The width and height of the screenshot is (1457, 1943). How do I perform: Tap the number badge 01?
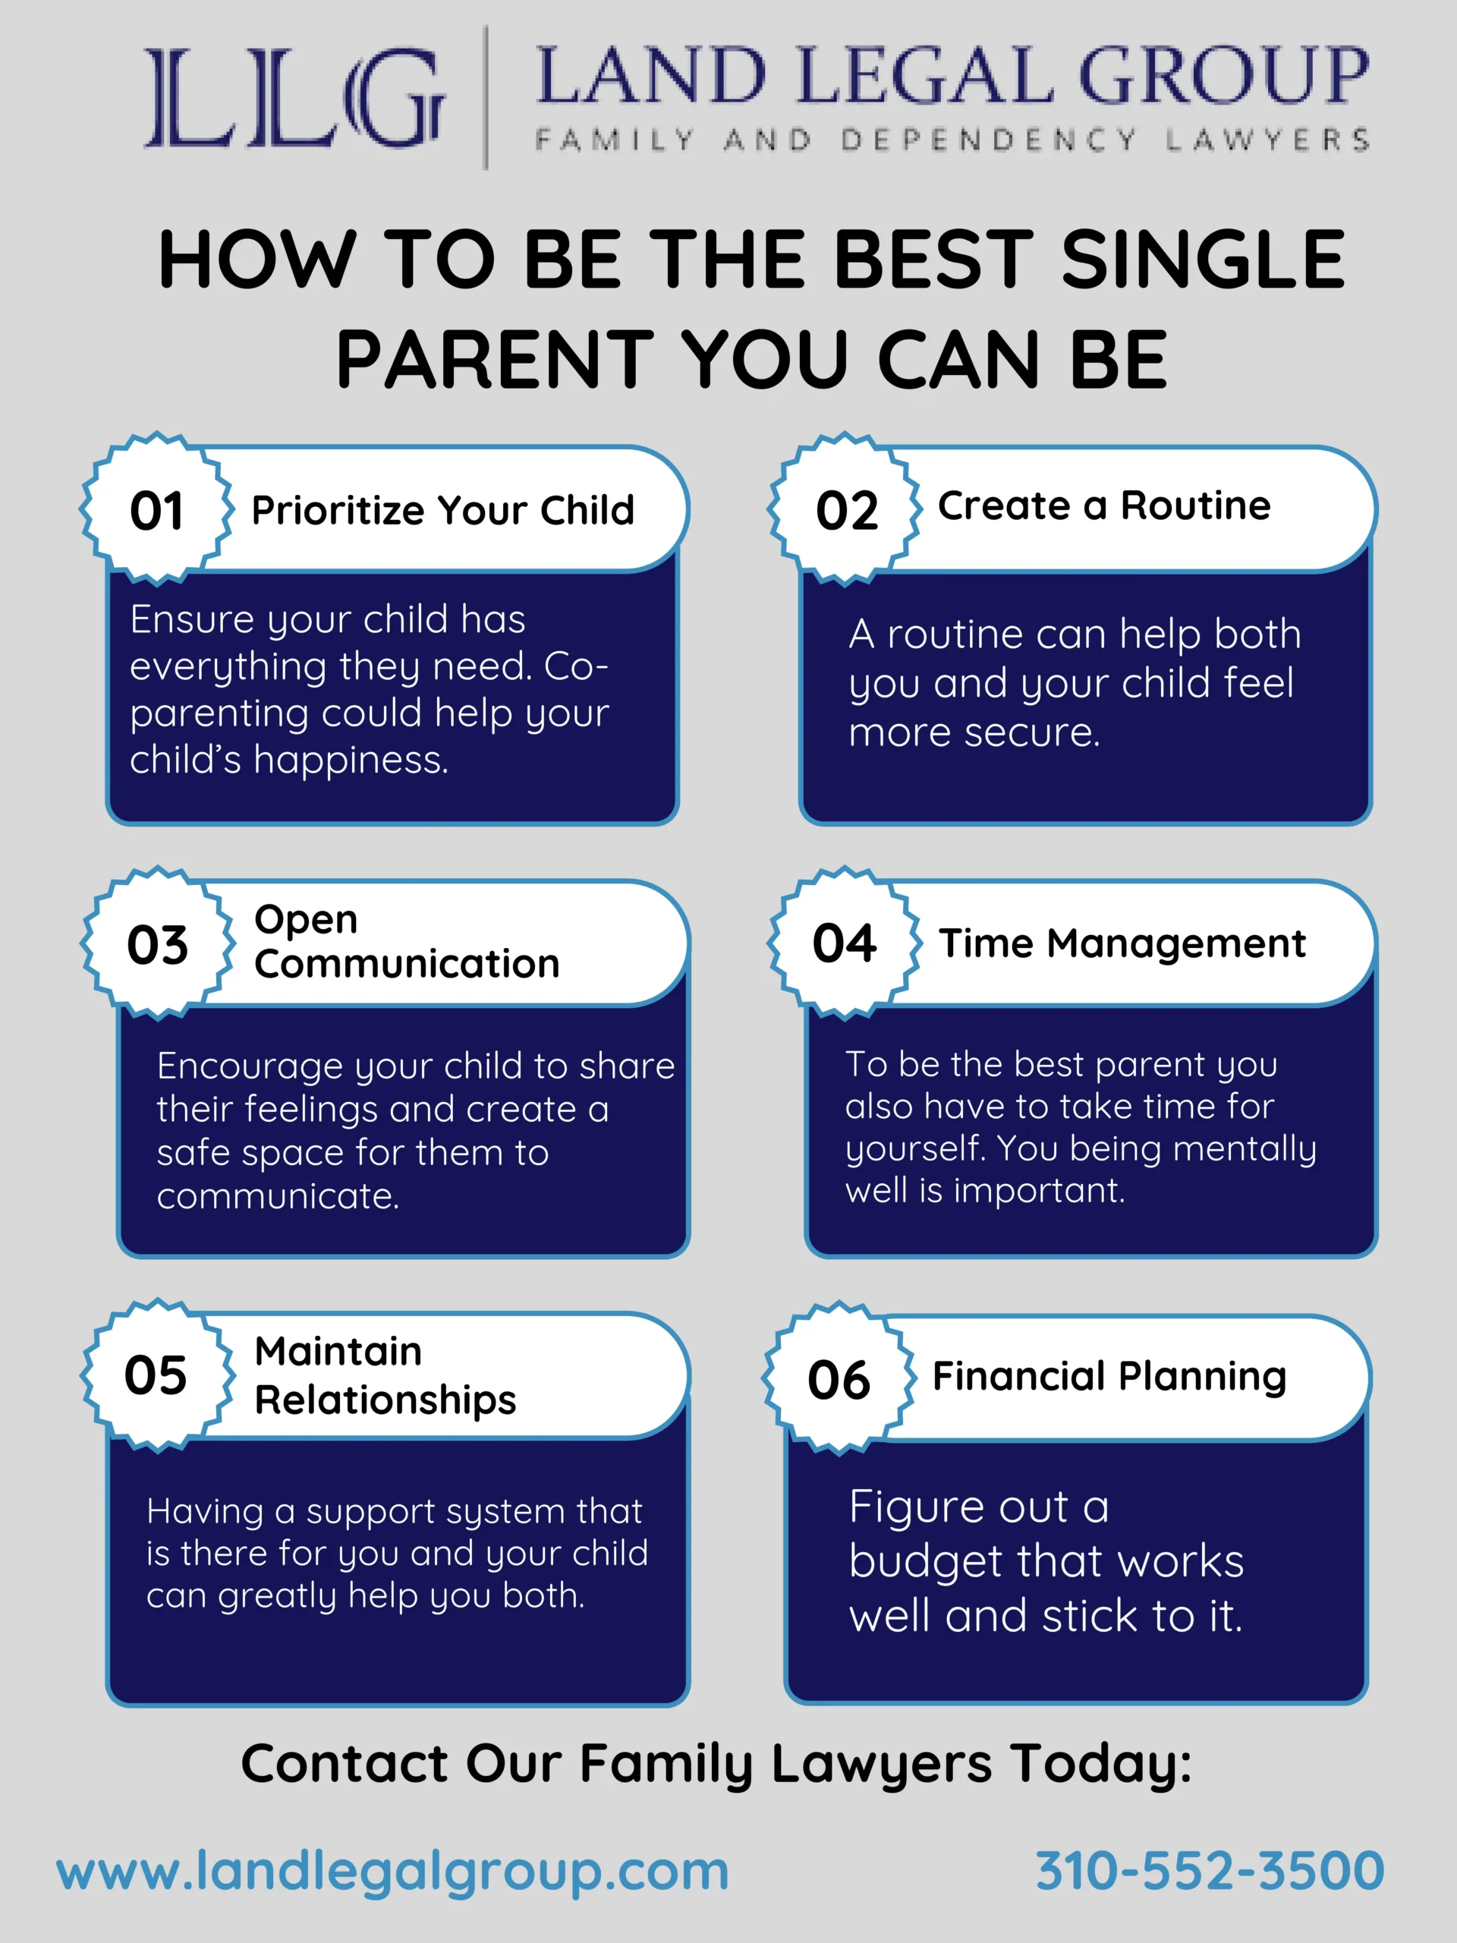[x=157, y=509]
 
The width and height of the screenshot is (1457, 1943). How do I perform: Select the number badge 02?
[x=846, y=509]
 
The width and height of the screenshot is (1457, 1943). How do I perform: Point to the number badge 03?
[x=158, y=943]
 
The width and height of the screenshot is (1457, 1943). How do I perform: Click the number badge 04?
[x=845, y=943]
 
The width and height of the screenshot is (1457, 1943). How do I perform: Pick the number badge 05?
[x=157, y=1375]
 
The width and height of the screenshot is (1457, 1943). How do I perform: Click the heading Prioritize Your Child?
[x=442, y=510]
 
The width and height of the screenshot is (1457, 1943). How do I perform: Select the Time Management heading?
[x=1122, y=944]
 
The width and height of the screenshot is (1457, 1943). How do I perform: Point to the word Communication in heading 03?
[x=407, y=964]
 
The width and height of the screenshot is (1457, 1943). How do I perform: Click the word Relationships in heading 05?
[x=385, y=1400]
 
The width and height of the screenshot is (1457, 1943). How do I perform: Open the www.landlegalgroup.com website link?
[x=392, y=1872]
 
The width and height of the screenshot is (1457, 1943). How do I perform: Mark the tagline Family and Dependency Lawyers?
[x=952, y=140]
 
